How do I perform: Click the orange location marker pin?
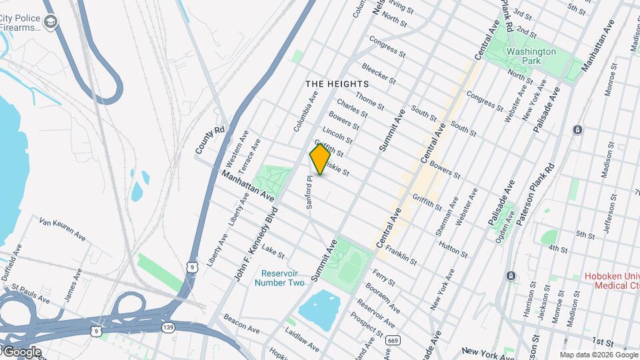[320, 159]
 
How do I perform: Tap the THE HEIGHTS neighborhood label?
[337, 84]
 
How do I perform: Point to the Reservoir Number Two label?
[283, 278]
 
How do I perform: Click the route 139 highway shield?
[169, 327]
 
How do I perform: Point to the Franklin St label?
[401, 256]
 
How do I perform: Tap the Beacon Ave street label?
[241, 323]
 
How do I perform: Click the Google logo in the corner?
[22, 351]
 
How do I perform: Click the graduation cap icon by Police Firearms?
[51, 23]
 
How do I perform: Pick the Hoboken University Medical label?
[611, 281]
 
